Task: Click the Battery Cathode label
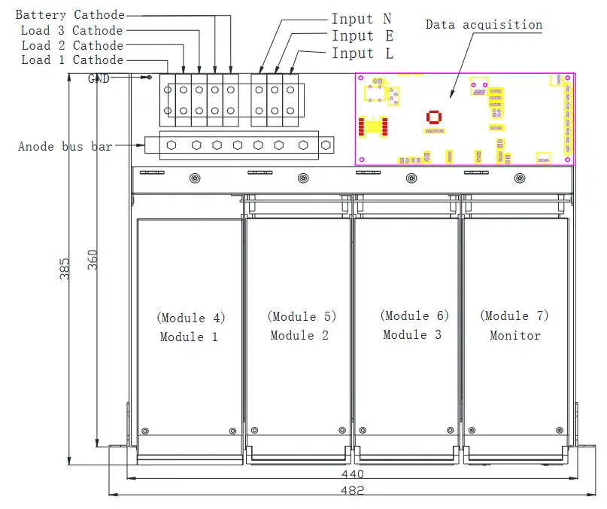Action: coord(70,15)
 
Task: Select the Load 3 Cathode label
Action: coord(71,31)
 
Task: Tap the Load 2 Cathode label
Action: coord(71,45)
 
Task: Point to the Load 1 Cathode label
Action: coord(71,60)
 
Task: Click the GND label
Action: coord(99,78)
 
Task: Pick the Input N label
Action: coord(362,20)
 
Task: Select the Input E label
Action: coord(363,36)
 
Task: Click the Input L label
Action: coord(363,53)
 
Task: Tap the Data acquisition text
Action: coord(484,25)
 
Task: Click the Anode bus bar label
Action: coord(65,146)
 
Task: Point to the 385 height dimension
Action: coord(65,269)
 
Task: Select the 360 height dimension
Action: coord(93,260)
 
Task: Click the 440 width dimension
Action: coord(352,474)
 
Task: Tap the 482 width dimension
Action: coord(352,490)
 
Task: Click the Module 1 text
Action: coord(189,337)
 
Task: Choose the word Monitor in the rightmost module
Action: coord(515,336)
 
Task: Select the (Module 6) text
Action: coord(414,316)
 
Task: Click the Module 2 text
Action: coord(299,336)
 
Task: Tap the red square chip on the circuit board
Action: coord(432,117)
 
